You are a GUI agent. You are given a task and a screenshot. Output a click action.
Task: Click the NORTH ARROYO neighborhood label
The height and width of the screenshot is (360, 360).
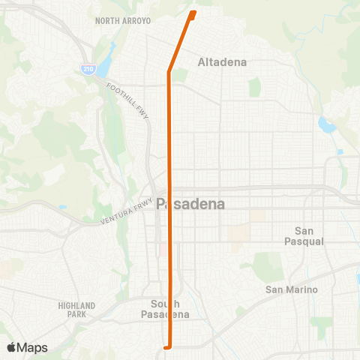click(x=123, y=20)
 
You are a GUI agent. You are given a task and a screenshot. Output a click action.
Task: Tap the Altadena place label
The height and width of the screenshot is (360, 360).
click(x=222, y=62)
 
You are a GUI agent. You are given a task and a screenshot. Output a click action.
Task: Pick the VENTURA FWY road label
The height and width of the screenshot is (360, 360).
click(x=126, y=211)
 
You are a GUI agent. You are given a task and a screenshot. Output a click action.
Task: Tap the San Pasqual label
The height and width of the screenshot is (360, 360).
click(x=304, y=235)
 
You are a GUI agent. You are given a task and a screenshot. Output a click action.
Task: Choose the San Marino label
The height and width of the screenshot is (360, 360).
click(x=292, y=289)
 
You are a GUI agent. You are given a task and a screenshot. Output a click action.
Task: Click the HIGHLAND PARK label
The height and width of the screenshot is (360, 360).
click(x=76, y=310)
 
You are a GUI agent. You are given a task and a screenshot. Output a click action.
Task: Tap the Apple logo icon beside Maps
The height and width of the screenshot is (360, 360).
click(x=11, y=347)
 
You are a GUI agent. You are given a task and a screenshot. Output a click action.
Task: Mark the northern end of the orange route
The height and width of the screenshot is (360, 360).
click(x=194, y=12)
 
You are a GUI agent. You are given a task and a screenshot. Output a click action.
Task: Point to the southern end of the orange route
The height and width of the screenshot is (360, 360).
click(x=166, y=346)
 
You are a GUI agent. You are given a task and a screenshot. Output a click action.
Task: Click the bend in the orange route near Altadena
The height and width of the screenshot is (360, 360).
click(x=169, y=72)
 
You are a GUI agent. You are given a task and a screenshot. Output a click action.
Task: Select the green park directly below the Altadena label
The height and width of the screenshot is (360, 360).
click(x=254, y=87)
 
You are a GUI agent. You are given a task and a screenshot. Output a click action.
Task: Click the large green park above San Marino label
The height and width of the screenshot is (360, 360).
click(x=266, y=265)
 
